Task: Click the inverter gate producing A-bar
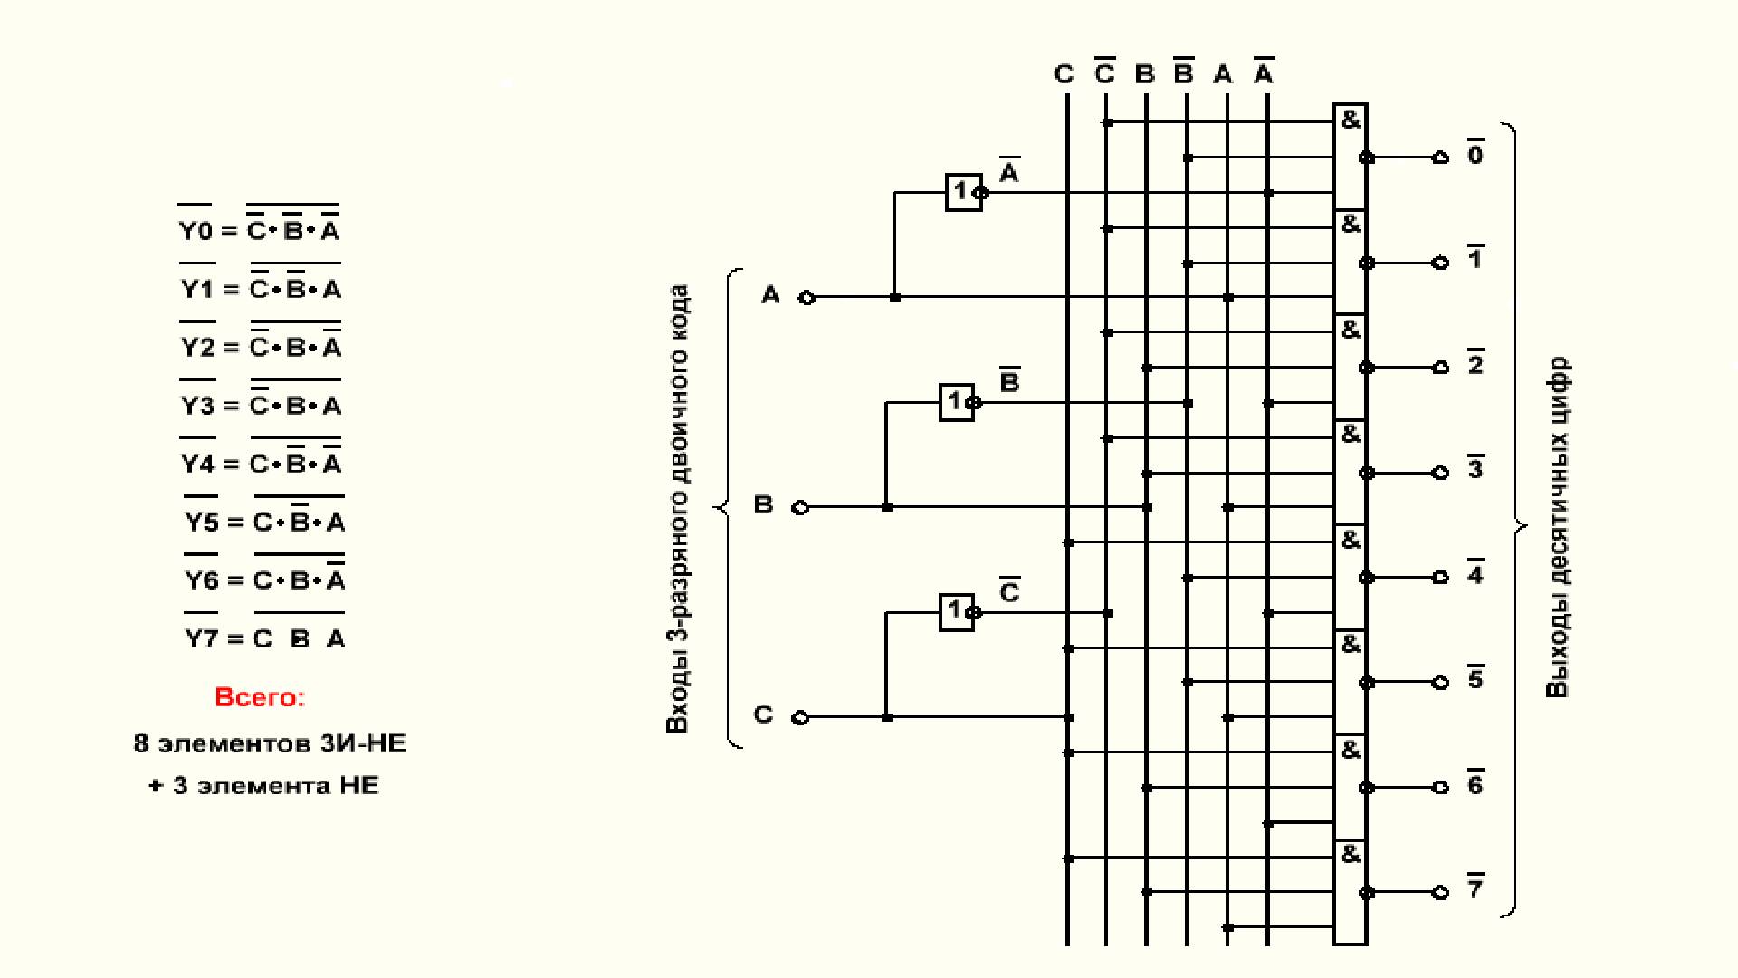[x=963, y=192]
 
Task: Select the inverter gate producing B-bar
[x=957, y=402]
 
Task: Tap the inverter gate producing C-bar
[x=957, y=612]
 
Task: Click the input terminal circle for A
[x=807, y=297]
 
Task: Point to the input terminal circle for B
[x=800, y=507]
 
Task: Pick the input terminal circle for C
[x=800, y=717]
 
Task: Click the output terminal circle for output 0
[x=1440, y=158]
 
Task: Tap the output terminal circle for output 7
[x=1440, y=892]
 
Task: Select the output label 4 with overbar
[x=1475, y=574]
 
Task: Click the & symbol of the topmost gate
[x=1351, y=120]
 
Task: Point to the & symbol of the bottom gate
[x=1351, y=854]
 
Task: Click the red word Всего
[x=260, y=697]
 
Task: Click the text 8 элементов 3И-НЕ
[x=270, y=743]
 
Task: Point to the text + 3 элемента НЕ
[x=263, y=785]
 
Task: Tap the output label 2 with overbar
[x=1475, y=364]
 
